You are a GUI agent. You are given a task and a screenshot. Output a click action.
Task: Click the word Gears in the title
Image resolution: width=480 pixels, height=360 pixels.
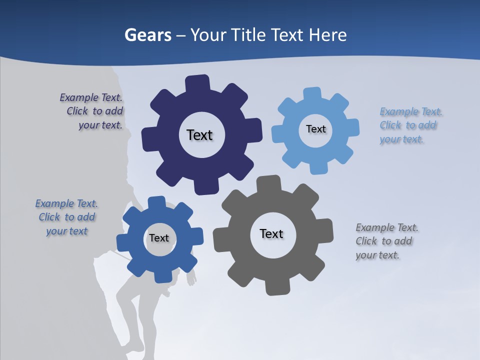(x=147, y=35)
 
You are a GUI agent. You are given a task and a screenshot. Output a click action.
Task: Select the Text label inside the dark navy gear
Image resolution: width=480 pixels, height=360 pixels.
(x=199, y=135)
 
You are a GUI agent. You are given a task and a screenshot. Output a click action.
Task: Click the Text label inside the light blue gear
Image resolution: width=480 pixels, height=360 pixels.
(x=315, y=129)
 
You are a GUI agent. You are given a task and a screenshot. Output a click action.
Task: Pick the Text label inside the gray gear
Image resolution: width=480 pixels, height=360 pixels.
(x=271, y=233)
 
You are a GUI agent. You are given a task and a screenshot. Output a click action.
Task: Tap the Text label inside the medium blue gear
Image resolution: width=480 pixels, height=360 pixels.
(x=159, y=238)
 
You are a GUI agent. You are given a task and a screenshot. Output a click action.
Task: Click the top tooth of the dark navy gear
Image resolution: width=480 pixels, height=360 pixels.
(x=197, y=83)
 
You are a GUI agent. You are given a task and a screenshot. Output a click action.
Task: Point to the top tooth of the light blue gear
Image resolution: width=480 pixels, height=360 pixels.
(x=312, y=94)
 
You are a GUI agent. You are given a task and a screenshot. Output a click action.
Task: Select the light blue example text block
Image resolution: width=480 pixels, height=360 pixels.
(x=410, y=125)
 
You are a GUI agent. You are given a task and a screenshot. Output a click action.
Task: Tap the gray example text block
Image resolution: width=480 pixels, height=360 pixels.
(x=386, y=241)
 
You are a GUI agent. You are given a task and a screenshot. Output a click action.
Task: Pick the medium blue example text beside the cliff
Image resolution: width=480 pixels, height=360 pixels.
(x=66, y=217)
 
